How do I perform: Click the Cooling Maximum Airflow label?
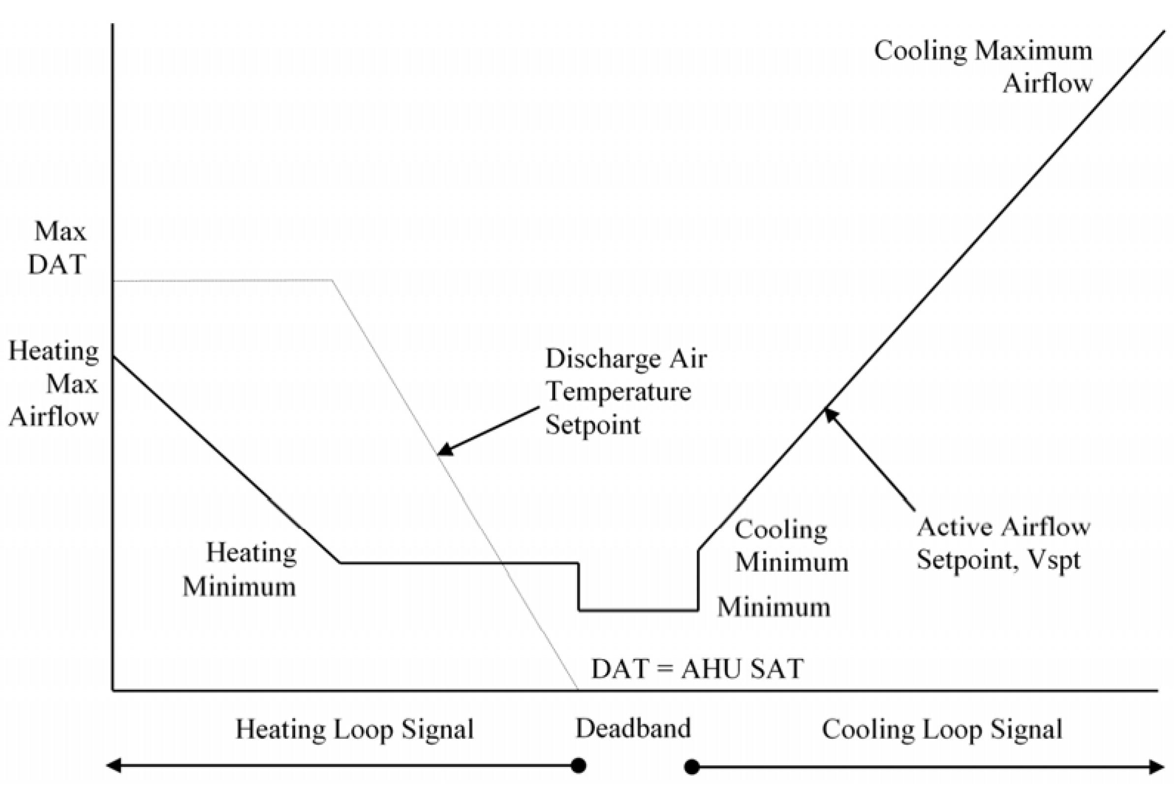[983, 66]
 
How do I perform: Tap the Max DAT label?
[58, 248]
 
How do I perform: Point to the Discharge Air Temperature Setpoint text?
[625, 392]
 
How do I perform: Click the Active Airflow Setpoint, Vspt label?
[1003, 543]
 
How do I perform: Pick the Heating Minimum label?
[240, 570]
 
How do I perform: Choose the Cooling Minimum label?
[791, 546]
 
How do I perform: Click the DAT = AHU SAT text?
[697, 669]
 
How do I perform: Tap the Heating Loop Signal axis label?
[354, 729]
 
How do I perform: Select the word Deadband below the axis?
[633, 728]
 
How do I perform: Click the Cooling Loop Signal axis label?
[941, 729]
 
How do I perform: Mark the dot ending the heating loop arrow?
[579, 766]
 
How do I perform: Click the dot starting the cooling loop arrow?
[692, 767]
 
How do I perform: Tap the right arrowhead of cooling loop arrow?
[1156, 767]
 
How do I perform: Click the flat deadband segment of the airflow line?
[638, 611]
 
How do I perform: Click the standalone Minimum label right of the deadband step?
[774, 607]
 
